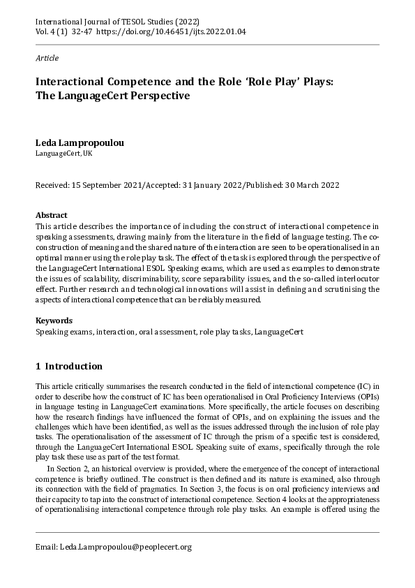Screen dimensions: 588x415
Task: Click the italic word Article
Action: [47, 58]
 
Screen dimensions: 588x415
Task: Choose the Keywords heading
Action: [54, 321]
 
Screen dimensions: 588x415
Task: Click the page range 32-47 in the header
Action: [84, 31]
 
